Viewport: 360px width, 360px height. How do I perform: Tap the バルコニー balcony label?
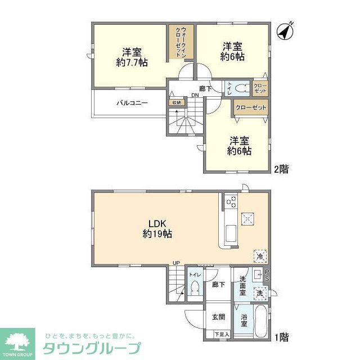click(x=132, y=103)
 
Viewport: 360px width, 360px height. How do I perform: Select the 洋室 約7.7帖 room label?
click(x=132, y=55)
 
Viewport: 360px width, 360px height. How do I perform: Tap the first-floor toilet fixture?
click(x=195, y=287)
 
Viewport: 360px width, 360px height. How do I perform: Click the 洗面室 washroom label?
click(x=242, y=286)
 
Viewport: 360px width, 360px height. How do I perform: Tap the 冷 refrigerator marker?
click(x=259, y=256)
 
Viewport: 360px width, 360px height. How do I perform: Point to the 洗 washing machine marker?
click(x=259, y=292)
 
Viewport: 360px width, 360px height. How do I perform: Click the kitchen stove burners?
click(x=231, y=200)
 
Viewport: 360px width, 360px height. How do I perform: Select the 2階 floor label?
click(x=281, y=168)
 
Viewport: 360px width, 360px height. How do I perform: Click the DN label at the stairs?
click(x=194, y=95)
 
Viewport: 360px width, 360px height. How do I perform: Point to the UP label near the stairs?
click(x=176, y=263)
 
